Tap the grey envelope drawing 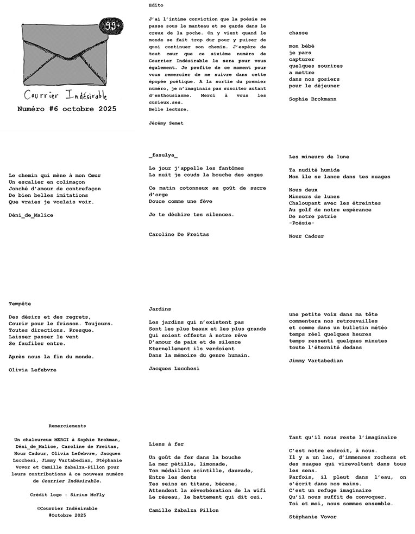tap(64, 56)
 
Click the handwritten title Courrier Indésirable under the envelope tap(66, 95)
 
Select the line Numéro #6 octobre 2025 tap(66, 109)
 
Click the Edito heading tap(155, 5)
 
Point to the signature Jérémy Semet tap(166, 123)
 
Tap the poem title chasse tap(298, 33)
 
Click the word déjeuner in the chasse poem tap(325, 86)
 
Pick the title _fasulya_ tap(162, 156)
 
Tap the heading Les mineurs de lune tap(319, 157)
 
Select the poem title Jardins tap(160, 308)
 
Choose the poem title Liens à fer tap(166, 444)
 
